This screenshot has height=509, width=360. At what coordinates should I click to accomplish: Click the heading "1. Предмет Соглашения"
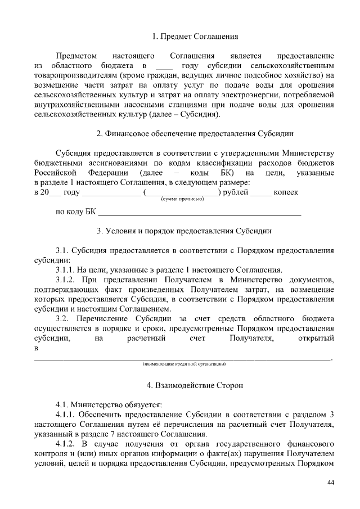[x=195, y=37]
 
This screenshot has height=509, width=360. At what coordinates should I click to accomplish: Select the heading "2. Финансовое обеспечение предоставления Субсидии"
[x=195, y=134]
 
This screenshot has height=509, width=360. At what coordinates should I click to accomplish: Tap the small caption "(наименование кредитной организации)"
[x=184, y=364]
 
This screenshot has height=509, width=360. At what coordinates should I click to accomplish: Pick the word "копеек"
[x=286, y=192]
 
